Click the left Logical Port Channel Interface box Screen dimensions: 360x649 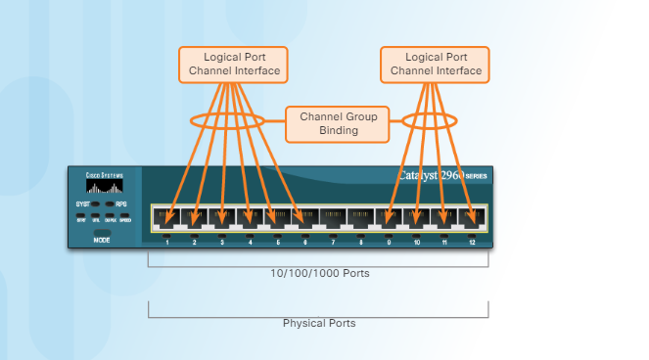pyautogui.click(x=234, y=64)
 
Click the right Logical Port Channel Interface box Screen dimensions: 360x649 pyautogui.click(x=436, y=64)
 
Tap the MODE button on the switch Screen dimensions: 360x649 pyautogui.click(x=102, y=238)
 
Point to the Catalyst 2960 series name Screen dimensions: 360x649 pyautogui.click(x=440, y=176)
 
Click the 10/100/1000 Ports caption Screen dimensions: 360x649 pyautogui.click(x=319, y=273)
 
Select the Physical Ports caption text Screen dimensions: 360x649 pyautogui.click(x=319, y=323)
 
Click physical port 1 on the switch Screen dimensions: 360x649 pyautogui.click(x=166, y=217)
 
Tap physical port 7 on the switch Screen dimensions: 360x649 pyautogui.click(x=333, y=217)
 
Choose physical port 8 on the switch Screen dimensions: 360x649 pyautogui.click(x=360, y=217)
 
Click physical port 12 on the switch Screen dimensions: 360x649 pyautogui.click(x=472, y=217)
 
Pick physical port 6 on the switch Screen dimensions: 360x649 pyautogui.click(x=305, y=217)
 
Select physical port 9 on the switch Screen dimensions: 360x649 pyautogui.click(x=389, y=217)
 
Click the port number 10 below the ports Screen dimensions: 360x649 pyautogui.click(x=416, y=241)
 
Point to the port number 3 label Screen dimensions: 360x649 pyautogui.click(x=222, y=241)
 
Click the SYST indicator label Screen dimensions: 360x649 pyautogui.click(x=81, y=204)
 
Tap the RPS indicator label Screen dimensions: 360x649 pyautogui.click(x=122, y=204)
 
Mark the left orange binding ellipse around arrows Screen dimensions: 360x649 pyautogui.click(x=227, y=122)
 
